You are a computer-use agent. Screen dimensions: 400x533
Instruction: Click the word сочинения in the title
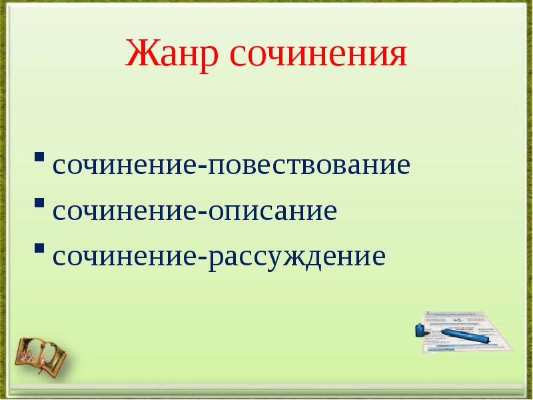pyautogui.click(x=318, y=55)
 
